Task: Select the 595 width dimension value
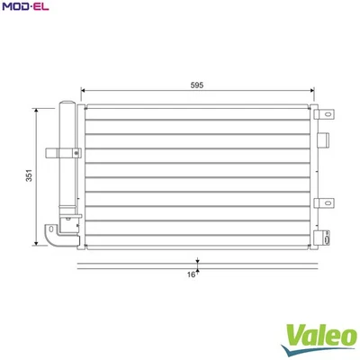(x=197, y=85)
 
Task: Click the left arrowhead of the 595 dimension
(x=84, y=91)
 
